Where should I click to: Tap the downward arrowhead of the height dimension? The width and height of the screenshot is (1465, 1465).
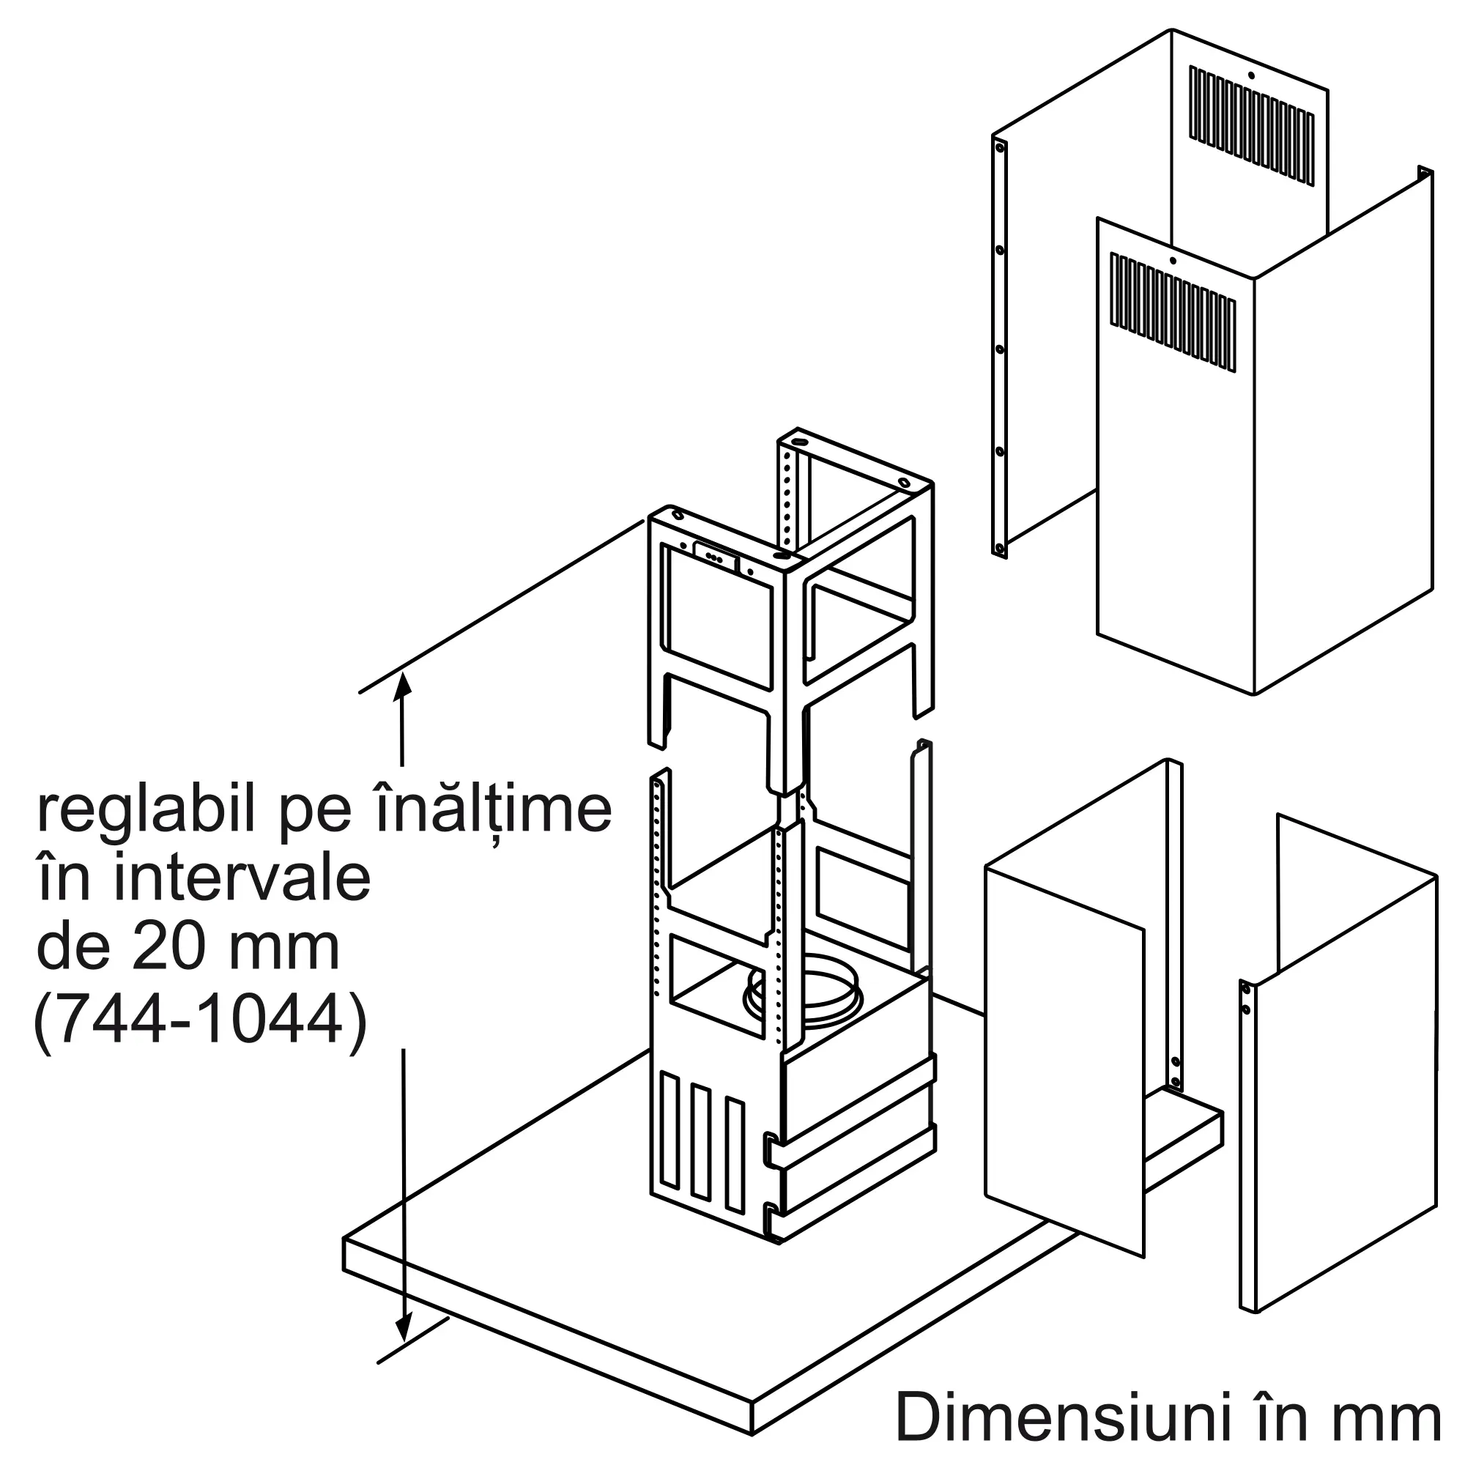(x=403, y=1349)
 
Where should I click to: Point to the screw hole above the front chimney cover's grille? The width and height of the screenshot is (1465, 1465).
(x=1172, y=261)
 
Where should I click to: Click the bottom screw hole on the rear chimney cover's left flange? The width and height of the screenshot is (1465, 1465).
(x=1000, y=547)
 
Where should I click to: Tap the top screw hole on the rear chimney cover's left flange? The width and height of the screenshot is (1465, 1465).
(x=999, y=147)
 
